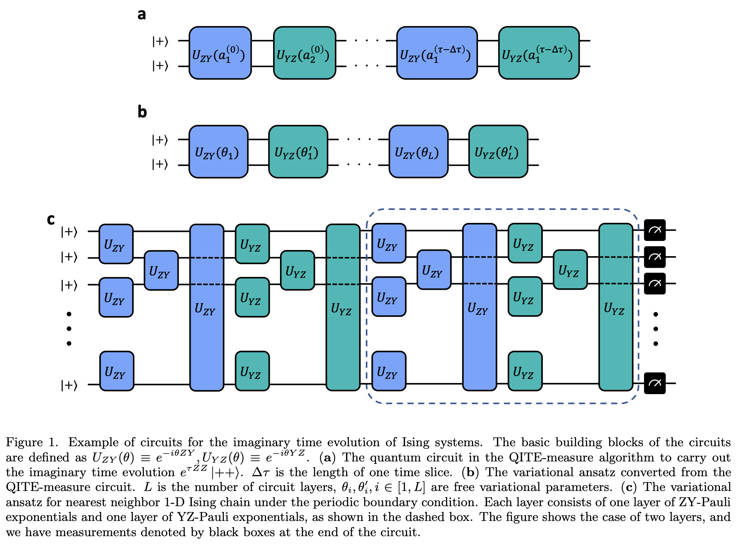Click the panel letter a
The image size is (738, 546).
[x=141, y=15]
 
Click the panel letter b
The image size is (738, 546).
[x=142, y=112]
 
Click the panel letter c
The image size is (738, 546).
[x=51, y=220]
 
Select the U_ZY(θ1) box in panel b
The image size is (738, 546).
[x=218, y=152]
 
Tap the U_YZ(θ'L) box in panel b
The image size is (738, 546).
[x=498, y=152]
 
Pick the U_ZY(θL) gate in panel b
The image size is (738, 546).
[x=418, y=152]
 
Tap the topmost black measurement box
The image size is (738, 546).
[x=654, y=230]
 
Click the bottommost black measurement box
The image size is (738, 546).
[x=654, y=383]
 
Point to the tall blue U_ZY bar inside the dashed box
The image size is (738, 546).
[x=479, y=307]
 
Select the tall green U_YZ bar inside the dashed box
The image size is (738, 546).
[x=615, y=307]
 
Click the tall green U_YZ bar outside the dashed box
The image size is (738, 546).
[x=343, y=307]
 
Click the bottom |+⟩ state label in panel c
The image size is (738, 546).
[x=69, y=385]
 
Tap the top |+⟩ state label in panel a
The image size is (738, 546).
[x=160, y=41]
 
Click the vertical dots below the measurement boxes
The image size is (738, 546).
[x=656, y=329]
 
